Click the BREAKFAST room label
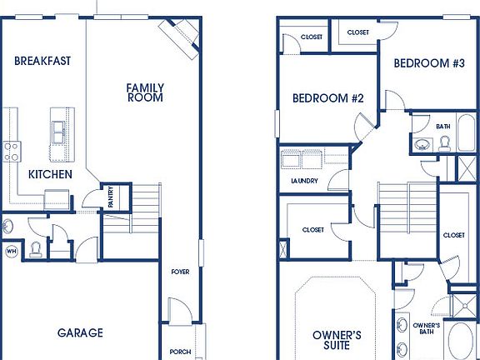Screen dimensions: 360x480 (x=42, y=61)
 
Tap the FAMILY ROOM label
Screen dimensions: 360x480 (x=145, y=92)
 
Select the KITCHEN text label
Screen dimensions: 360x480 (x=50, y=174)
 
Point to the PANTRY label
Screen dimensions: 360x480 (x=111, y=197)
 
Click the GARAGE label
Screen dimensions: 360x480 (x=80, y=332)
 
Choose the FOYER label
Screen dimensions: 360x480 (x=180, y=271)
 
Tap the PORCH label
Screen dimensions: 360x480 (x=180, y=351)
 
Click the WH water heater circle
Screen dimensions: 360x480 (x=12, y=250)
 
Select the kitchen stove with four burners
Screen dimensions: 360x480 (x=12, y=151)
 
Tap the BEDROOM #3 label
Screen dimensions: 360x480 (x=428, y=63)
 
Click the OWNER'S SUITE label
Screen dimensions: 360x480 (x=337, y=342)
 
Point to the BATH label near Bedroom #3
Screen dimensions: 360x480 (x=442, y=127)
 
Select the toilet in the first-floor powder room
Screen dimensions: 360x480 (x=35, y=248)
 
